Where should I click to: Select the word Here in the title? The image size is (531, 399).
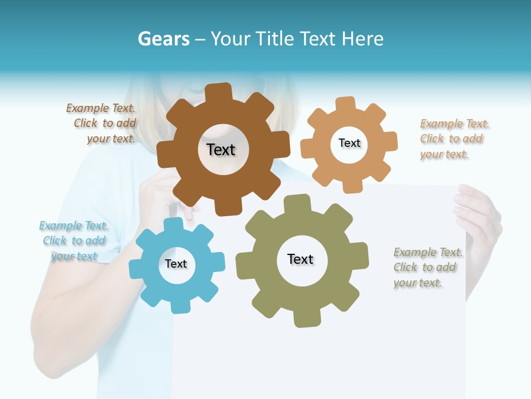[x=362, y=39]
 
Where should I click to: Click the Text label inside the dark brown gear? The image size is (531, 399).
[x=221, y=150]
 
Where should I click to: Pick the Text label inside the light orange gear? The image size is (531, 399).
[x=349, y=143]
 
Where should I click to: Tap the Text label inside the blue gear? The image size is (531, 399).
[x=176, y=264]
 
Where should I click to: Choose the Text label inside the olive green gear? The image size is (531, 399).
[x=300, y=259]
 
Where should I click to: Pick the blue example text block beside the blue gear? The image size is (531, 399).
[x=74, y=241]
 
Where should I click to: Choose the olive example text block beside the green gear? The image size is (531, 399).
[x=427, y=268]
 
